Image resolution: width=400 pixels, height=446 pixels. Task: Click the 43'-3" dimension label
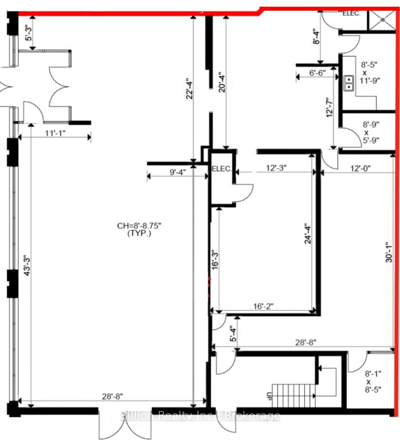coord(27,266)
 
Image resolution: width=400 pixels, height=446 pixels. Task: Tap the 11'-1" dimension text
coord(55,133)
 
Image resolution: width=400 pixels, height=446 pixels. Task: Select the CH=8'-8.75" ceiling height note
coord(139,229)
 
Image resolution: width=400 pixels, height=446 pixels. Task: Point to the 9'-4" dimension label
coord(178,172)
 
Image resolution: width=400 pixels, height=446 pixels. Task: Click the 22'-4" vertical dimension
coord(190,89)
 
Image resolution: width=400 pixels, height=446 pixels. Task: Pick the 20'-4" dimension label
coord(222,82)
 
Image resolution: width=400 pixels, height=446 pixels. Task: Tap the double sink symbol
coord(349,83)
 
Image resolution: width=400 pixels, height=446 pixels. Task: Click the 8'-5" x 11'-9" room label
coord(370,73)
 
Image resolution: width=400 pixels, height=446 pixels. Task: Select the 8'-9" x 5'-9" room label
coord(371,132)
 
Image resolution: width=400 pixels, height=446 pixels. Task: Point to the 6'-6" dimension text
coord(317,73)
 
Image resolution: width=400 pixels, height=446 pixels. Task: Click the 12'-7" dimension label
coord(330,108)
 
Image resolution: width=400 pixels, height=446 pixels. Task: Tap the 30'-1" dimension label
coord(389,252)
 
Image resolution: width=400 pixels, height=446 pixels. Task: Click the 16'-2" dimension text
coord(263,306)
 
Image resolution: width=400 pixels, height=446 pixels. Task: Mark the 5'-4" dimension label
coord(233,334)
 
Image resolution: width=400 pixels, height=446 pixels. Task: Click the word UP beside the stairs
coord(269,396)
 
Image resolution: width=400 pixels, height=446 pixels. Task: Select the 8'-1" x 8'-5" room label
coord(373,381)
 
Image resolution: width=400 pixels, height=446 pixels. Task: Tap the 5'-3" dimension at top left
coord(29,33)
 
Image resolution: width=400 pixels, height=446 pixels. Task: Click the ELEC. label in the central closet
coord(222,168)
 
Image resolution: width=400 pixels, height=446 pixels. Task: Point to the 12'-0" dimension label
coord(360,168)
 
